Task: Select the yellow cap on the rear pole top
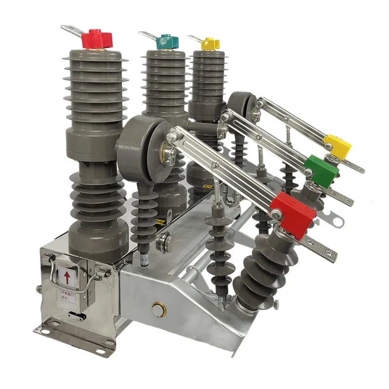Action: [210, 43]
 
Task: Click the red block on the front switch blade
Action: [294, 214]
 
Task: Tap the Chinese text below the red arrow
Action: [67, 296]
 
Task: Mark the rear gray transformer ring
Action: [242, 105]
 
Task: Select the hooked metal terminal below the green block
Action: [331, 221]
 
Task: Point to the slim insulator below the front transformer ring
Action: [144, 214]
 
